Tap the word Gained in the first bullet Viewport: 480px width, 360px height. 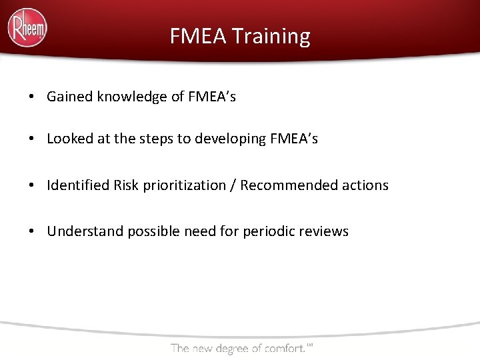tap(70, 97)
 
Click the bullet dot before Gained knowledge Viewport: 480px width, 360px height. tap(32, 97)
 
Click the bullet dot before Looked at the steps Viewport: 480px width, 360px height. tap(32, 139)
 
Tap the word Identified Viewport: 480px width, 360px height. tap(77, 185)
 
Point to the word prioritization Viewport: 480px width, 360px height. tap(184, 185)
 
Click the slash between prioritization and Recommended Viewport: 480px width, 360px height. tap(233, 185)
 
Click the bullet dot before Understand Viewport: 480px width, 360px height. tap(32, 232)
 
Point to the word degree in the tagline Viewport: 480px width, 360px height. tap(236, 348)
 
